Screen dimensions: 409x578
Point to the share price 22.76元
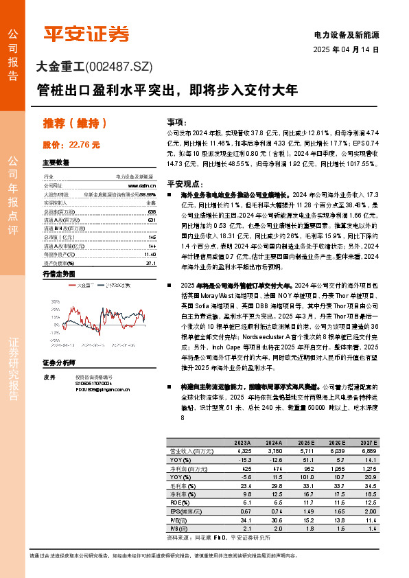pos(83,145)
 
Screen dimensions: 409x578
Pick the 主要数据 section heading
pos(56,163)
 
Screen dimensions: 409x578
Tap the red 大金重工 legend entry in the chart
pos(84,284)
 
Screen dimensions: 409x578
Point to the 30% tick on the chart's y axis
pos(55,301)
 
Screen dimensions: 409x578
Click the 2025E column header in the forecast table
pos(307,443)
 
